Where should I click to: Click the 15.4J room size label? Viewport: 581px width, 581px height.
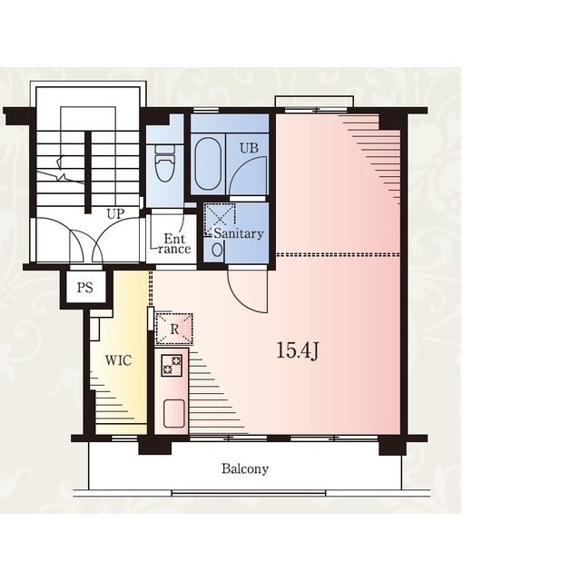[x=298, y=351]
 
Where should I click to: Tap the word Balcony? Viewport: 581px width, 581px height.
[x=245, y=469]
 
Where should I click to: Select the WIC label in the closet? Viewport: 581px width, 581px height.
[x=118, y=360]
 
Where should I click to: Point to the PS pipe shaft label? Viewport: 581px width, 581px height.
[x=84, y=288]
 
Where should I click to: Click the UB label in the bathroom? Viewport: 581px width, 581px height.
[x=249, y=148]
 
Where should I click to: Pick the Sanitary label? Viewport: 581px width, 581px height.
[x=239, y=233]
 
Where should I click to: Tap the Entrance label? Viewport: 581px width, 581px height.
[x=173, y=243]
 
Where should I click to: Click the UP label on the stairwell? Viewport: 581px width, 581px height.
[x=115, y=214]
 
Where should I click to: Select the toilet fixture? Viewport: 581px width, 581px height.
[x=165, y=163]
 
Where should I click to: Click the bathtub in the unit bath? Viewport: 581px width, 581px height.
[x=209, y=164]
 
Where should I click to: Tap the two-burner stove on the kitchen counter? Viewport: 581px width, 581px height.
[x=172, y=365]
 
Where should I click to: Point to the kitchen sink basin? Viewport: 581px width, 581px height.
[x=174, y=414]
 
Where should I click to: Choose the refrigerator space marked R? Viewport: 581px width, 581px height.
[x=173, y=329]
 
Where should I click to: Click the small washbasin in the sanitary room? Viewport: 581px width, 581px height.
[x=218, y=250]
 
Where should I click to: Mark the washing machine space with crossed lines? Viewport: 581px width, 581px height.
[x=220, y=219]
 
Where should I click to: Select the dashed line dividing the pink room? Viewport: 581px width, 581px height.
[x=338, y=255]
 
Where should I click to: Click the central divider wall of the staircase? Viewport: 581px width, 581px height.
[x=88, y=172]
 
